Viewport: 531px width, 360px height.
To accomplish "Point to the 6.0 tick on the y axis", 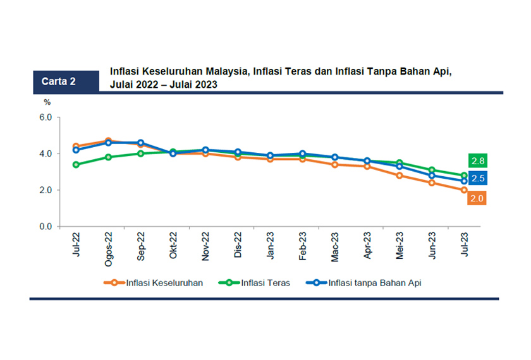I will [45, 117].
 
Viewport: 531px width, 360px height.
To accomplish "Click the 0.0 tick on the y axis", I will [45, 226].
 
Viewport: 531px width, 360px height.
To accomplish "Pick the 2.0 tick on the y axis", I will [45, 190].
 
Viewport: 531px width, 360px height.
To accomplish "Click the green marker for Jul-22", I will [76, 165].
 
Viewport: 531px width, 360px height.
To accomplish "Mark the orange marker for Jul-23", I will [464, 190].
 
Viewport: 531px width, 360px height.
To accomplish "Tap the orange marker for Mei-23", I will [400, 176].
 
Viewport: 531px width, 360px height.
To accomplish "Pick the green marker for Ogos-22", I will [108, 157].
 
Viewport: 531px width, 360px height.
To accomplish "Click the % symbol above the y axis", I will [46, 102].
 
